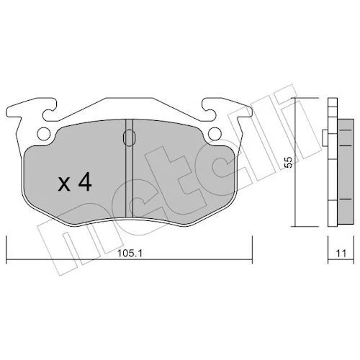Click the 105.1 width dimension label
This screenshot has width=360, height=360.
(x=130, y=253)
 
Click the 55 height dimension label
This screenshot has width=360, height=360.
(x=289, y=162)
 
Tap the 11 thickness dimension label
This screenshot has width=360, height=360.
(x=341, y=253)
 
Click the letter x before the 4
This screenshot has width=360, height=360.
(x=64, y=185)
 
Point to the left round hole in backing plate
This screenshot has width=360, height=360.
(x=44, y=133)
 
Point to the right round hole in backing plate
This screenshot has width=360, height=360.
(x=215, y=133)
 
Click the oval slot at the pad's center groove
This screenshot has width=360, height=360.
(x=130, y=138)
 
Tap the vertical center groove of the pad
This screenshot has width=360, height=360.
(x=130, y=168)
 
